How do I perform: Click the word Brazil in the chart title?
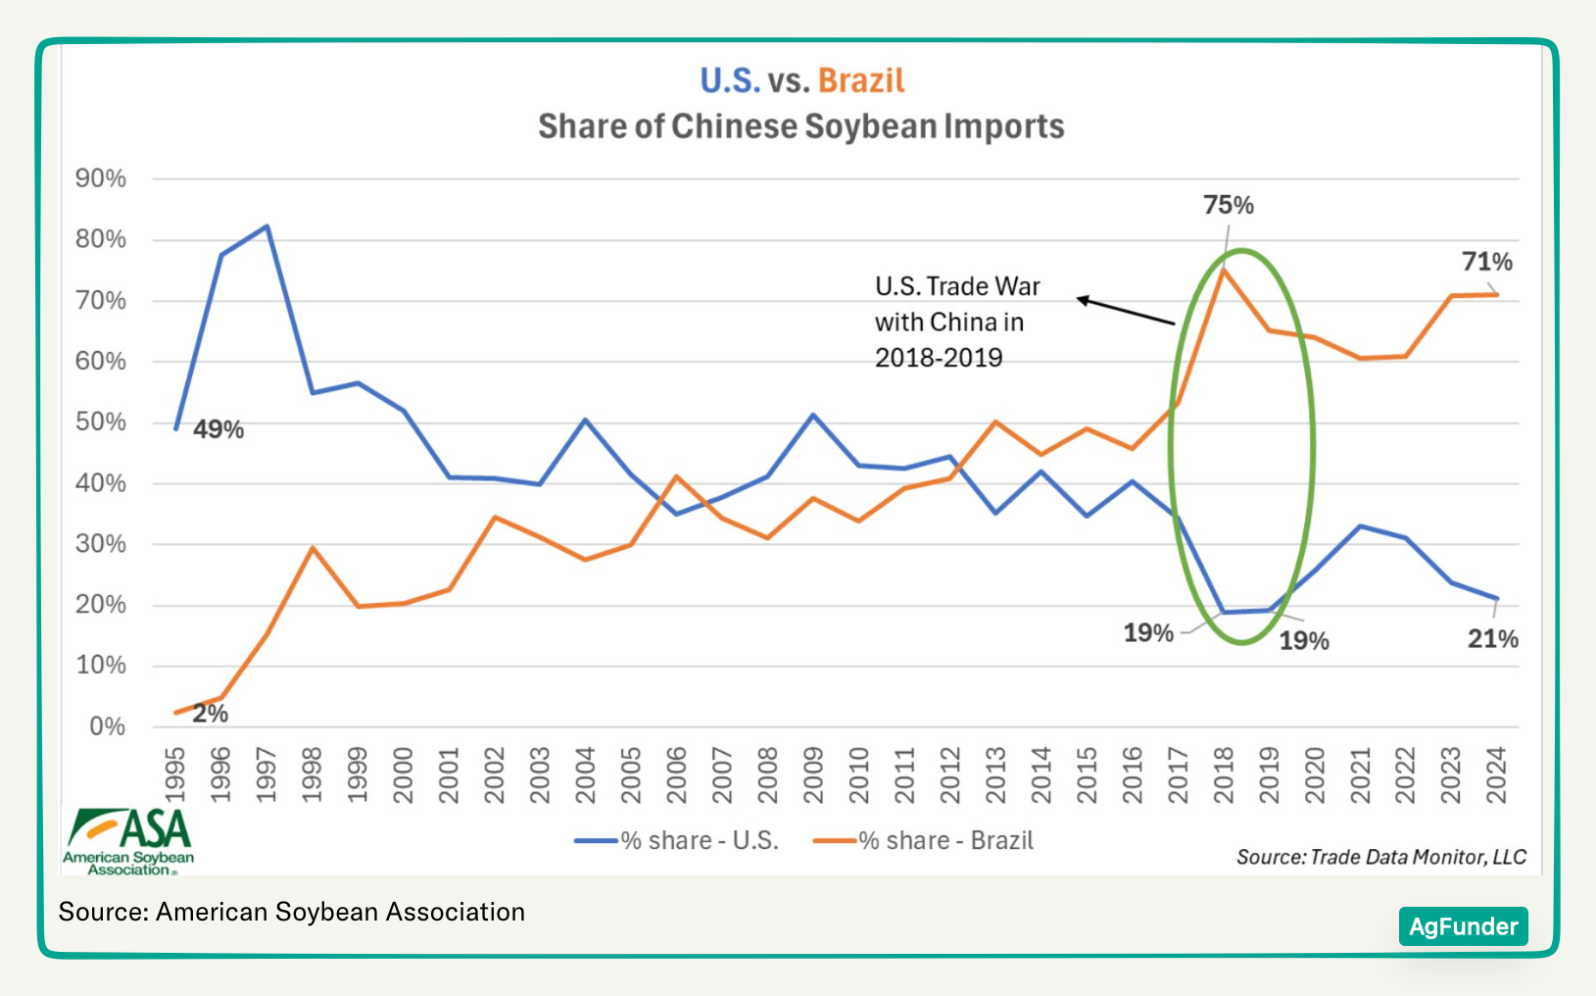click(x=861, y=80)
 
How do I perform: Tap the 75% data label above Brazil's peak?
click(x=1229, y=205)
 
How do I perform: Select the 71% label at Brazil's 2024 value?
click(x=1486, y=262)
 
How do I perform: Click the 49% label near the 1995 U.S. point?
click(x=218, y=429)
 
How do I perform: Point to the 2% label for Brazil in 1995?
click(x=211, y=714)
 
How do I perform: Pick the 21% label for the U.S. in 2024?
click(x=1492, y=639)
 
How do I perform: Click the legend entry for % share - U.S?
click(x=677, y=841)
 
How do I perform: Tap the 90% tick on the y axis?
click(x=101, y=178)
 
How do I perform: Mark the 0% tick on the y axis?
click(x=108, y=726)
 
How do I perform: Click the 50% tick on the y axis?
click(x=101, y=423)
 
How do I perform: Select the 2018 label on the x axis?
click(x=1223, y=774)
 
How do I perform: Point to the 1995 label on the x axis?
click(x=175, y=774)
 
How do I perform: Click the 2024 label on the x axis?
click(x=1496, y=774)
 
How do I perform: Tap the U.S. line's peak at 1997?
click(x=266, y=226)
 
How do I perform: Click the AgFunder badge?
click(x=1463, y=926)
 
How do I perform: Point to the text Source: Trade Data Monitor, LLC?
click(x=1380, y=857)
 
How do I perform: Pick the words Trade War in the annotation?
click(x=983, y=286)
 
